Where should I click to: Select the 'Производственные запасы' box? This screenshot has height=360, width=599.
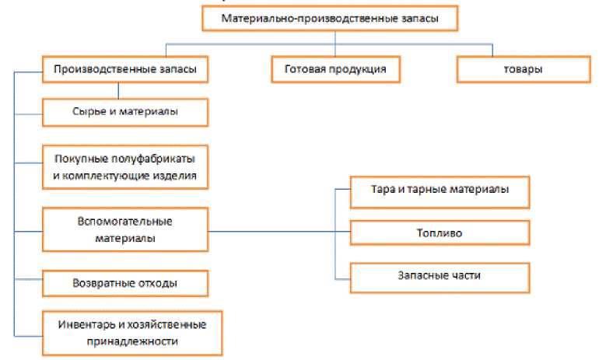click(x=124, y=70)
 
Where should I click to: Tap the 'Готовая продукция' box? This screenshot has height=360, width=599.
click(x=335, y=70)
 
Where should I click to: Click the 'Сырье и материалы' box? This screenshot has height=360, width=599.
click(x=124, y=112)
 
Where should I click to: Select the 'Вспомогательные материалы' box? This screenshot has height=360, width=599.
click(x=124, y=229)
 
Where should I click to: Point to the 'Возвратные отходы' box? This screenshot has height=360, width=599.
click(x=124, y=283)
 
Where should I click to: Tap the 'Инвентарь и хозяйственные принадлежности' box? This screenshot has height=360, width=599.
click(x=132, y=332)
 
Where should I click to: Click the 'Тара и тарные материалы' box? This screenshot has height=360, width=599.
click(x=440, y=190)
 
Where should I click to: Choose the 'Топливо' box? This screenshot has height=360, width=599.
click(x=440, y=232)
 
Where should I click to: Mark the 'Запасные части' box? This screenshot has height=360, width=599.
click(x=440, y=275)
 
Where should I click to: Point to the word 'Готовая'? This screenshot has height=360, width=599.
click(x=307, y=70)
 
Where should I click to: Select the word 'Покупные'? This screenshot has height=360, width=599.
click(x=79, y=159)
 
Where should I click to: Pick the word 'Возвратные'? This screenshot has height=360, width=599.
click(x=96, y=283)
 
